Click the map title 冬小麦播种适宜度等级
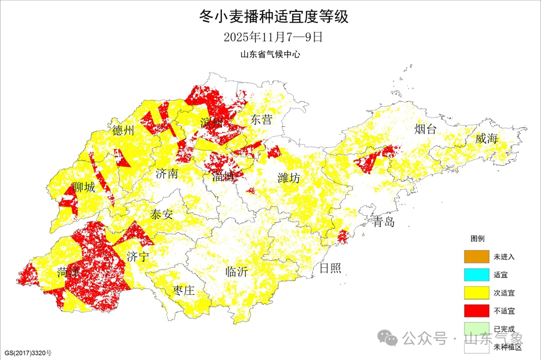270,17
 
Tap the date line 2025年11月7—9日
270,37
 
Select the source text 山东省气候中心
270,55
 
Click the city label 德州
123,131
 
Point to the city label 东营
261,120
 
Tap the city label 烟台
425,130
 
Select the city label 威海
486,139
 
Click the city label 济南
166,174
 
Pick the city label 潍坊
289,178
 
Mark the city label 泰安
161,215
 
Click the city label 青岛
383,222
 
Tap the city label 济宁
138,257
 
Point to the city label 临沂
237,272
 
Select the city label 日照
330,268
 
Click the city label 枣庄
183,291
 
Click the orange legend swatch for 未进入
476,256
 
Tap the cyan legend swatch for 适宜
476,274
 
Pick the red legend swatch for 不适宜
476,311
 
